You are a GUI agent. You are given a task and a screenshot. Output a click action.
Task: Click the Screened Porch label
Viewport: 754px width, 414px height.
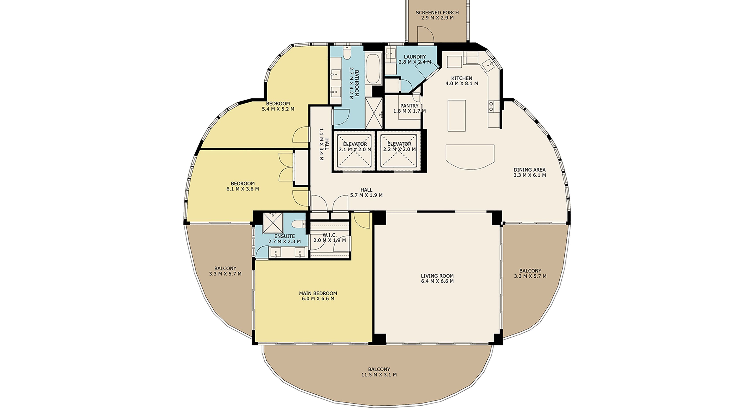click(437, 13)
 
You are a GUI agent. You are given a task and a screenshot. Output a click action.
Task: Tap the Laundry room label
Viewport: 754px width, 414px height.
click(415, 57)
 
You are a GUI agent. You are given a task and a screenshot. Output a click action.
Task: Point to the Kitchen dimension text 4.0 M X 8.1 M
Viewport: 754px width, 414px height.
click(462, 83)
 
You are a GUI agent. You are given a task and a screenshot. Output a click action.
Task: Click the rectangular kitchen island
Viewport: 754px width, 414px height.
click(457, 115)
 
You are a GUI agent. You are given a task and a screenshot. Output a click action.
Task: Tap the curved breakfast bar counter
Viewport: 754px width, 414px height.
click(470, 157)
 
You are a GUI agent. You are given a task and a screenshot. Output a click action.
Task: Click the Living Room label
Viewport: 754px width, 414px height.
click(437, 276)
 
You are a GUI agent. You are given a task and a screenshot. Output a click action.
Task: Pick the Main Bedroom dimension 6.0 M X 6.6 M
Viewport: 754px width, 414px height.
click(318, 299)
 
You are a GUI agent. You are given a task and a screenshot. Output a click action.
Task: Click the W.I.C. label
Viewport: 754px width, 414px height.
click(330, 235)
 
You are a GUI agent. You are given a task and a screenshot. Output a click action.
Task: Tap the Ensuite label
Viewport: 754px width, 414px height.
click(284, 236)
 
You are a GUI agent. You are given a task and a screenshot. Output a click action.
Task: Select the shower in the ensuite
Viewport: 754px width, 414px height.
click(273, 223)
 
